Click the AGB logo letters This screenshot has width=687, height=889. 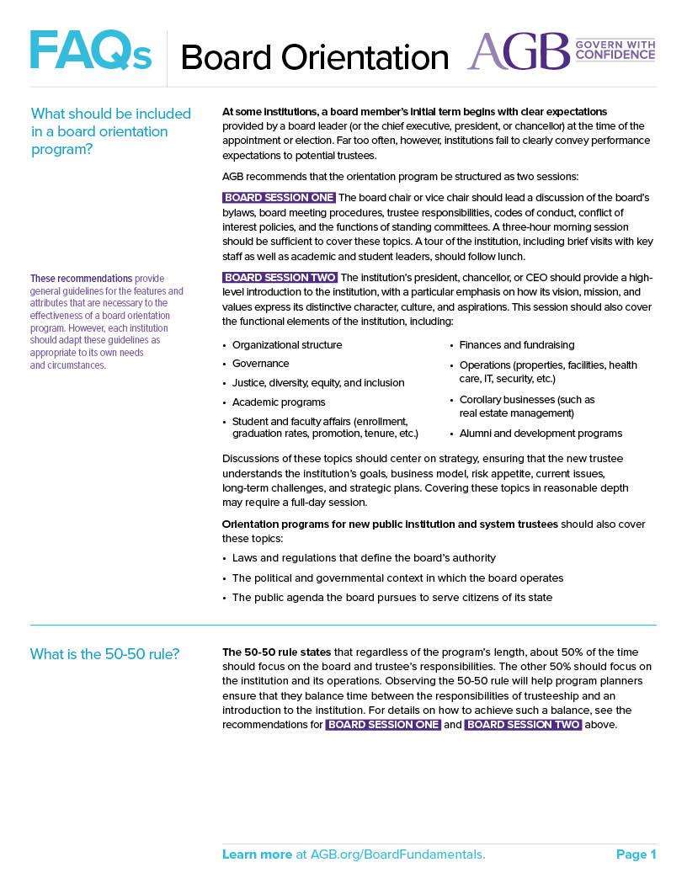[x=519, y=51]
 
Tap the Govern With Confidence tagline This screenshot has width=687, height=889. [x=615, y=49]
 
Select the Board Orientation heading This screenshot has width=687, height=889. [x=314, y=57]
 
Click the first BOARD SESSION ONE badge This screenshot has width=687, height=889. [x=279, y=198]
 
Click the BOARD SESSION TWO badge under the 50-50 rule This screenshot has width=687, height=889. [x=523, y=725]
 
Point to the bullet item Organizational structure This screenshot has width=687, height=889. [x=287, y=345]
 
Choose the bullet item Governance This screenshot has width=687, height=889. [x=260, y=364]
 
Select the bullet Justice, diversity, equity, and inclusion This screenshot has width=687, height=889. [x=318, y=383]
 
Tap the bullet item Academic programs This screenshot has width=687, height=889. [x=279, y=402]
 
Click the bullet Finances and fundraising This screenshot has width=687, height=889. [x=517, y=345]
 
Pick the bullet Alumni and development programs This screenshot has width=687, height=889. [x=541, y=434]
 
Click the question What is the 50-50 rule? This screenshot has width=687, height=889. [x=104, y=654]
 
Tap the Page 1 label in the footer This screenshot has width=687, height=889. [x=636, y=854]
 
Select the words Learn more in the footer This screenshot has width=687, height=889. [x=257, y=854]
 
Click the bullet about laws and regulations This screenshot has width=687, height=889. [x=364, y=558]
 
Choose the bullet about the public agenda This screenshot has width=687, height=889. [x=391, y=598]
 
